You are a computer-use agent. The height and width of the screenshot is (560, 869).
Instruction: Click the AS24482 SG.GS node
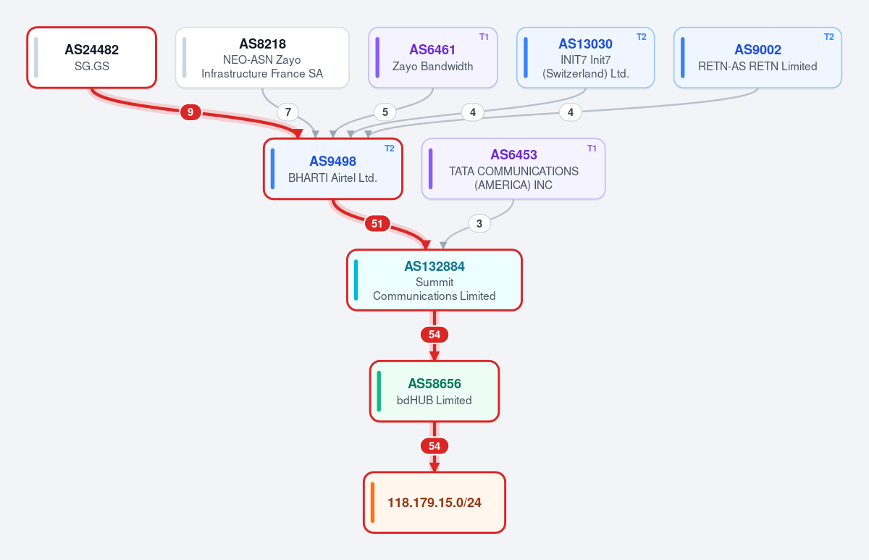point(91,57)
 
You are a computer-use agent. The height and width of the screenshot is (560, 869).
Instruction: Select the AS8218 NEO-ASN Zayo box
point(262,57)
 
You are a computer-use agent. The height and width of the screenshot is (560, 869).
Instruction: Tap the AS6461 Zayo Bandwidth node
point(433,57)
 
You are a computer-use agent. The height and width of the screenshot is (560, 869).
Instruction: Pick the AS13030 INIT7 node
point(585,57)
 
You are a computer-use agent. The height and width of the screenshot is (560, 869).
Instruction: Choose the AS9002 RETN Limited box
point(757,57)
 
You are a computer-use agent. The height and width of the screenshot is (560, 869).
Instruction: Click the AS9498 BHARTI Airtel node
point(333,169)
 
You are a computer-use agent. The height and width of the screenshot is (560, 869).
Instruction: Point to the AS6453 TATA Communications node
point(513,169)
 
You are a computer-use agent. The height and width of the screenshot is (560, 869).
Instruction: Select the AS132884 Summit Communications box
point(434,280)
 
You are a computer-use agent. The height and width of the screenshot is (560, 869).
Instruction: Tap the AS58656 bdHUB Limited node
point(434,391)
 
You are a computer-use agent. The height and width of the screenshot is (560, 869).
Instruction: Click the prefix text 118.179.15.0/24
point(434,503)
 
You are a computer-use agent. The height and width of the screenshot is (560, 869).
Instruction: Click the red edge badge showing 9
point(190,112)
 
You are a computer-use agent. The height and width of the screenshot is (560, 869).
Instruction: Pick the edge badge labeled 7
point(288,112)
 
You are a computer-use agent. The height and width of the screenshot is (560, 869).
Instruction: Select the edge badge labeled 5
point(385,112)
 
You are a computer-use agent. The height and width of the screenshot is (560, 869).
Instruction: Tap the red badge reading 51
point(377,224)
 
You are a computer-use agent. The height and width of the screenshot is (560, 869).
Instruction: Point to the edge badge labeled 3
point(479,224)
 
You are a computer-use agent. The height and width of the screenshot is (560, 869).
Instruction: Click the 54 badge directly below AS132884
point(434,335)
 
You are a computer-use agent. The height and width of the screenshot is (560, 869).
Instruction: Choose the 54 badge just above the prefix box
point(434,446)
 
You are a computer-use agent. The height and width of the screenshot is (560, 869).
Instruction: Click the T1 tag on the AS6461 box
point(484,37)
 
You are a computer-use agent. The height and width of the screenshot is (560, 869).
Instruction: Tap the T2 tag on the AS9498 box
point(390,149)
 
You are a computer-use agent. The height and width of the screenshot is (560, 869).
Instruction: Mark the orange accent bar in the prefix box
point(372,503)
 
